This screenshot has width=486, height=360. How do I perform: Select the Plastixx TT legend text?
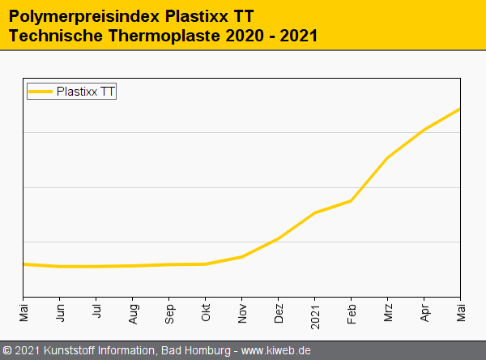click(x=86, y=92)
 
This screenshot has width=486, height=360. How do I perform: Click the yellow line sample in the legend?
click(x=40, y=92)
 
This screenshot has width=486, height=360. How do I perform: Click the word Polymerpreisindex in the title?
click(x=77, y=15)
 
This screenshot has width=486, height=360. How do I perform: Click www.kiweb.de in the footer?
click(x=276, y=351)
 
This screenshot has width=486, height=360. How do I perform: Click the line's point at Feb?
click(x=352, y=200)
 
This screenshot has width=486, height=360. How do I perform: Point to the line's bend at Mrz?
click(x=388, y=157)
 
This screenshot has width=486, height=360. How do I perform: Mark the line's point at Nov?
click(x=242, y=256)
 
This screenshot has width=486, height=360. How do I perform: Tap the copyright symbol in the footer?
click(x=7, y=351)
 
